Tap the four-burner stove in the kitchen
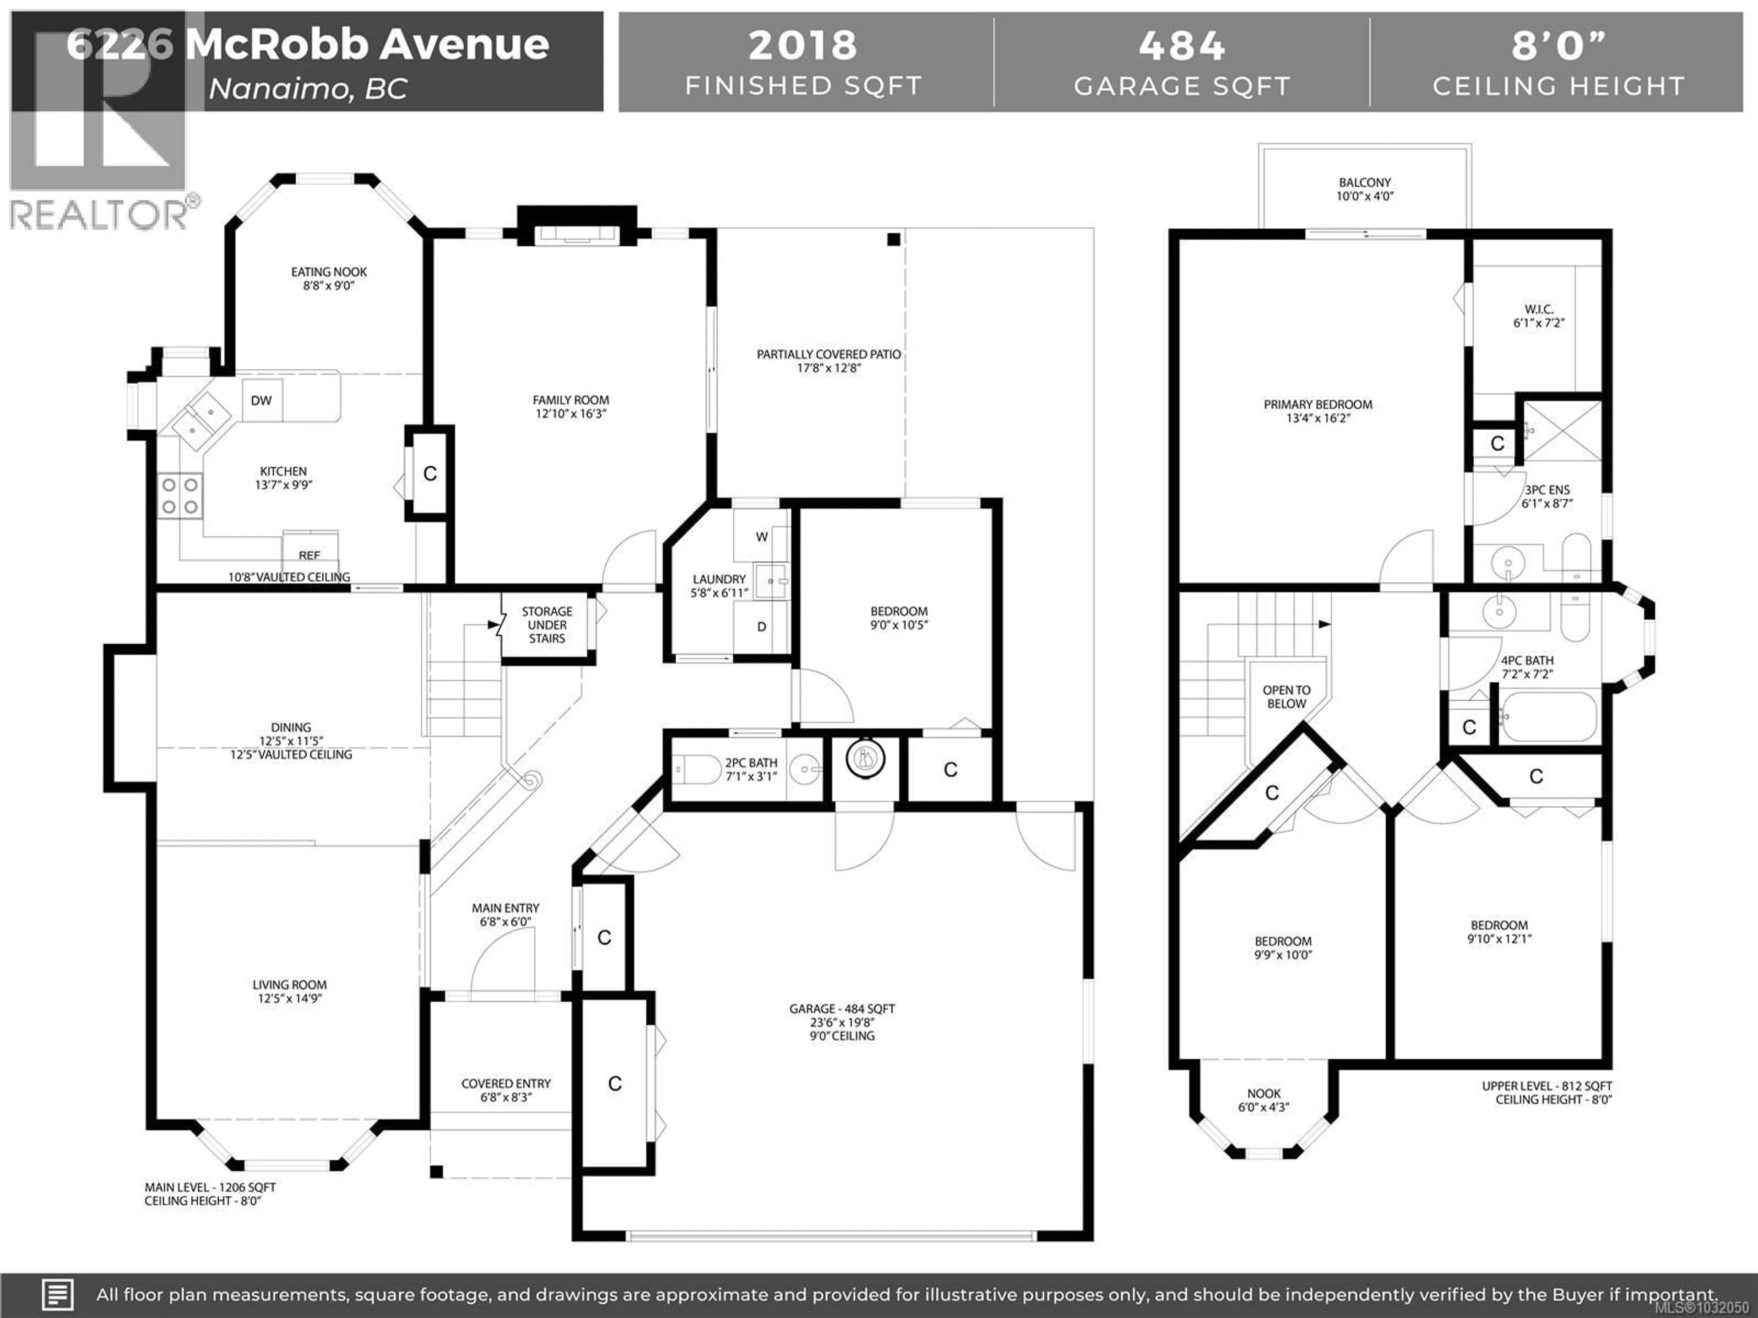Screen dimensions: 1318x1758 [179, 495]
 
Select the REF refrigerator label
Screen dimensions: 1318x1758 [309, 555]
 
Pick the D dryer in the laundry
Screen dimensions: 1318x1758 [761, 627]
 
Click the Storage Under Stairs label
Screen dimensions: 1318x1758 [547, 624]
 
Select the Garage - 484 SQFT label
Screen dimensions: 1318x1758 [841, 1009]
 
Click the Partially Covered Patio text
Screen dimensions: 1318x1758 [828, 354]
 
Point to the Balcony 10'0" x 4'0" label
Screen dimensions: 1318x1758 [1365, 189]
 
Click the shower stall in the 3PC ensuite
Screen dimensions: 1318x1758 [1562, 432]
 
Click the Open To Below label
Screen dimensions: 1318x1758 [1286, 697]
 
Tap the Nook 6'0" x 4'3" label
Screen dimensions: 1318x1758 [1264, 1100]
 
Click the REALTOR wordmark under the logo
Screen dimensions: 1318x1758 [99, 215]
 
